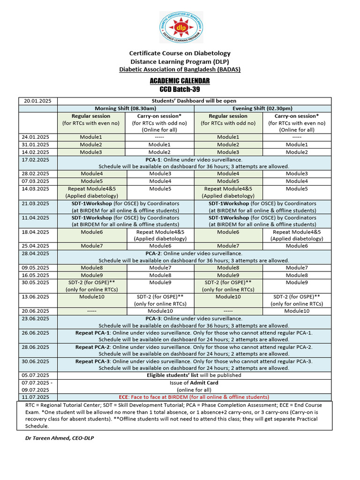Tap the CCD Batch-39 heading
(x=180, y=90)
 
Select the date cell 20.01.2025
(x=37, y=101)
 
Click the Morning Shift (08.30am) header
(x=125, y=108)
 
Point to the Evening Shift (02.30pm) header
(x=263, y=108)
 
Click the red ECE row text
(x=194, y=397)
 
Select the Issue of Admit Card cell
(x=194, y=386)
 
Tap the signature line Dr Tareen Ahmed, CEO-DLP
(x=62, y=438)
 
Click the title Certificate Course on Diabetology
(x=180, y=53)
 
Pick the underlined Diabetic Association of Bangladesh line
(x=180, y=69)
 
